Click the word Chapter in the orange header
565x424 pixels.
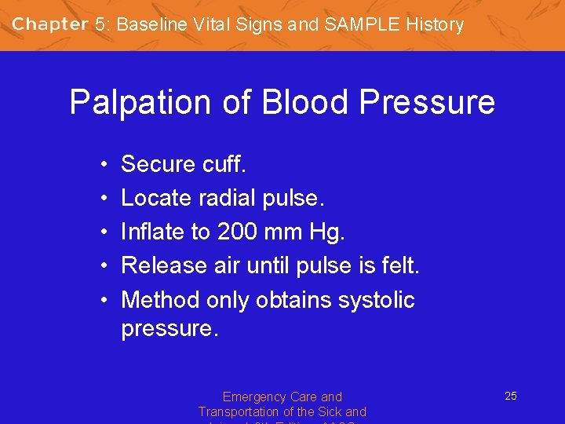click(x=50, y=24)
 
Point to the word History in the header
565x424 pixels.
click(x=435, y=24)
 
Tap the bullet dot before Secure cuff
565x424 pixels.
click(x=104, y=165)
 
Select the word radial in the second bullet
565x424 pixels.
click(x=228, y=198)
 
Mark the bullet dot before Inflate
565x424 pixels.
click(x=104, y=232)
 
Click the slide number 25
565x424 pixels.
click(x=510, y=396)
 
